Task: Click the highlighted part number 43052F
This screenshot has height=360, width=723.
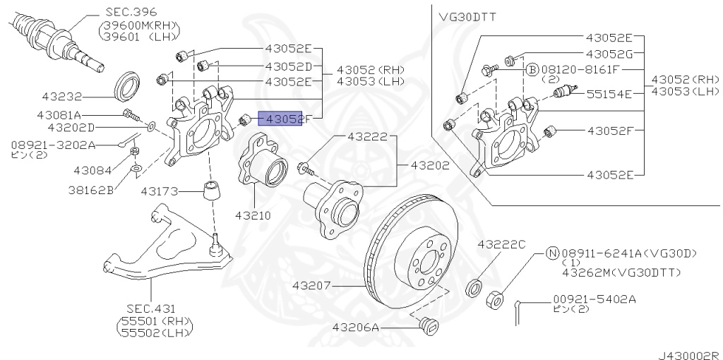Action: [282, 119]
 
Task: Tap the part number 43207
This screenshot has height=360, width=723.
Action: [311, 286]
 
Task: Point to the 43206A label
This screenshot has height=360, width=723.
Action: [356, 328]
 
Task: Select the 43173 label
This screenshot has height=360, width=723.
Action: [160, 191]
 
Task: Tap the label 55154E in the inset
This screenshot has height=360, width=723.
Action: [609, 92]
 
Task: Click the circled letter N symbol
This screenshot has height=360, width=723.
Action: [552, 252]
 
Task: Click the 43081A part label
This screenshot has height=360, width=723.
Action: [59, 114]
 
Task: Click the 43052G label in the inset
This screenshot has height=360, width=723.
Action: [609, 54]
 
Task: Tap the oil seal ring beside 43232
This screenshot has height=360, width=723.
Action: [127, 85]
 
